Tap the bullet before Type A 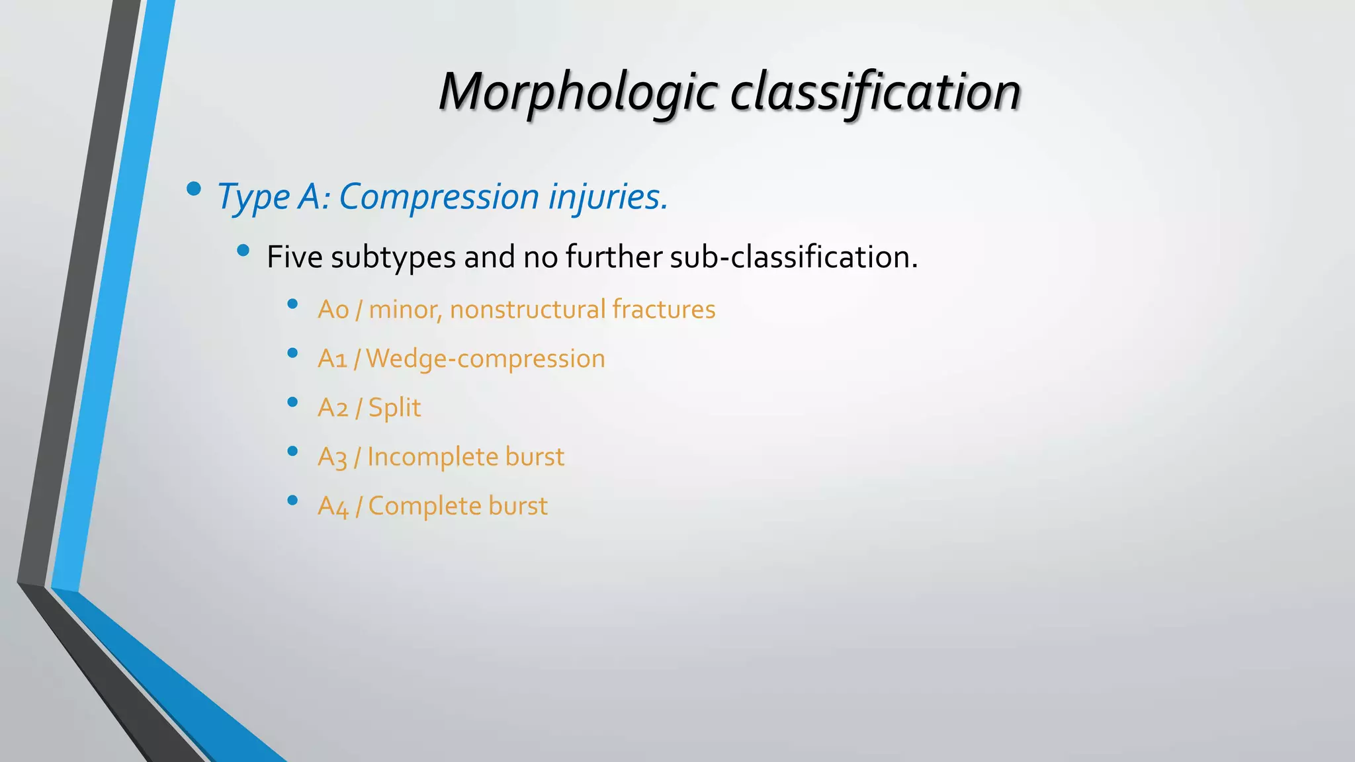pos(194,190)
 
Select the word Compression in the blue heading pos(439,197)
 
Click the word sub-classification pos(793,257)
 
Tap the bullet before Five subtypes pos(243,251)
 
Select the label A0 pos(333,310)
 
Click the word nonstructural pos(527,310)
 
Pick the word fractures pos(664,310)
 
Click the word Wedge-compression pos(485,359)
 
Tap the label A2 pos(333,407)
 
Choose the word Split pos(394,407)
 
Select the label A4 pos(333,506)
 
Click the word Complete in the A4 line pos(424,506)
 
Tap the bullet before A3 pos(292,451)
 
